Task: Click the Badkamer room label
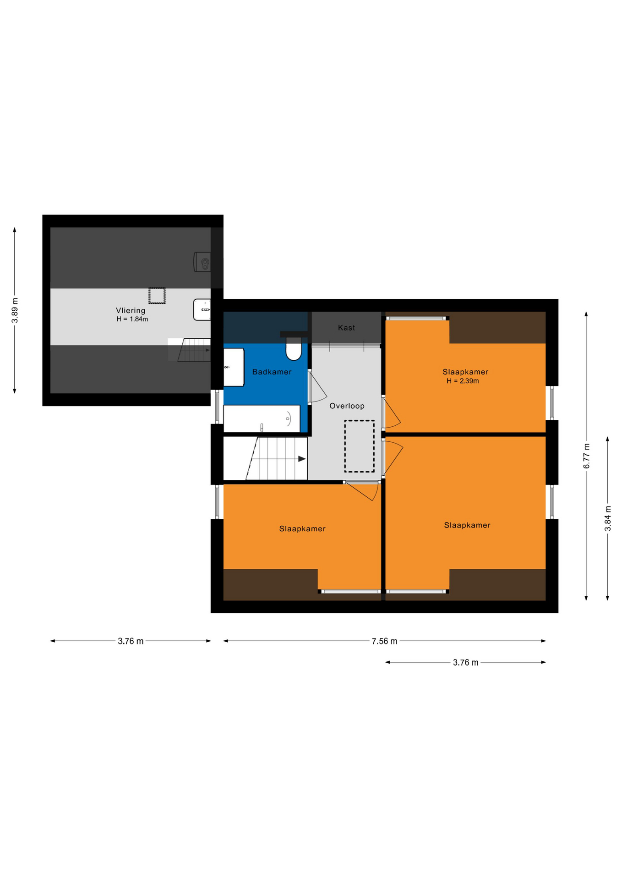272,372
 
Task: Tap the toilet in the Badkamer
294,349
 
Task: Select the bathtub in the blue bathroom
262,418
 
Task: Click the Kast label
346,328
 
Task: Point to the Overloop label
347,406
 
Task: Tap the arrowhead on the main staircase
302,459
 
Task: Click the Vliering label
131,310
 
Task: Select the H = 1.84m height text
132,319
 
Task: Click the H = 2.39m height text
463,381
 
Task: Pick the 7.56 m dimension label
384,641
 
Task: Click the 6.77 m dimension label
586,456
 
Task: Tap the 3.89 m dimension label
15,310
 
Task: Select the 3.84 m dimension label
608,518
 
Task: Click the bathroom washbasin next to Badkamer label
234,367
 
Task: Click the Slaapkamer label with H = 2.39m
465,372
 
